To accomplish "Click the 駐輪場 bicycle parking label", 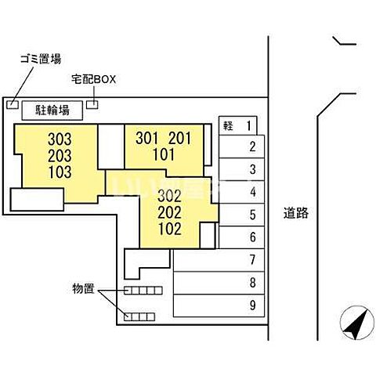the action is click(52, 110).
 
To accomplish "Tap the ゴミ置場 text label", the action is click(41, 59).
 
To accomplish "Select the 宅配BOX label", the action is click(94, 79).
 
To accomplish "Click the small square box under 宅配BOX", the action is click(92, 104).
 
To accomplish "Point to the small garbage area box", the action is click(13, 104).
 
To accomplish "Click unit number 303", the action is click(60, 139).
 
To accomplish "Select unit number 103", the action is click(60, 172).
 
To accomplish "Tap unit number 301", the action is click(147, 138).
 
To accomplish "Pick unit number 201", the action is click(180, 138).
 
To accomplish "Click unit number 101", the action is click(164, 154).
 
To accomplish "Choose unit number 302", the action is click(169, 196).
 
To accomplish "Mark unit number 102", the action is click(170, 229).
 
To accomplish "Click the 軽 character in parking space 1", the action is click(228, 126).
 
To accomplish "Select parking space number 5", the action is click(252, 215).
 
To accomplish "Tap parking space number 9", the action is click(252, 305).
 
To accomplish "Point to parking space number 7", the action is click(252, 260).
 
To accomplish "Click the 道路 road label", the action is click(296, 213).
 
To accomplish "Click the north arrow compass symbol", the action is click(357, 323).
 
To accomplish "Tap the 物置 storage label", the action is click(83, 288).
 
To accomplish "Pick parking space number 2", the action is click(252, 146).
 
